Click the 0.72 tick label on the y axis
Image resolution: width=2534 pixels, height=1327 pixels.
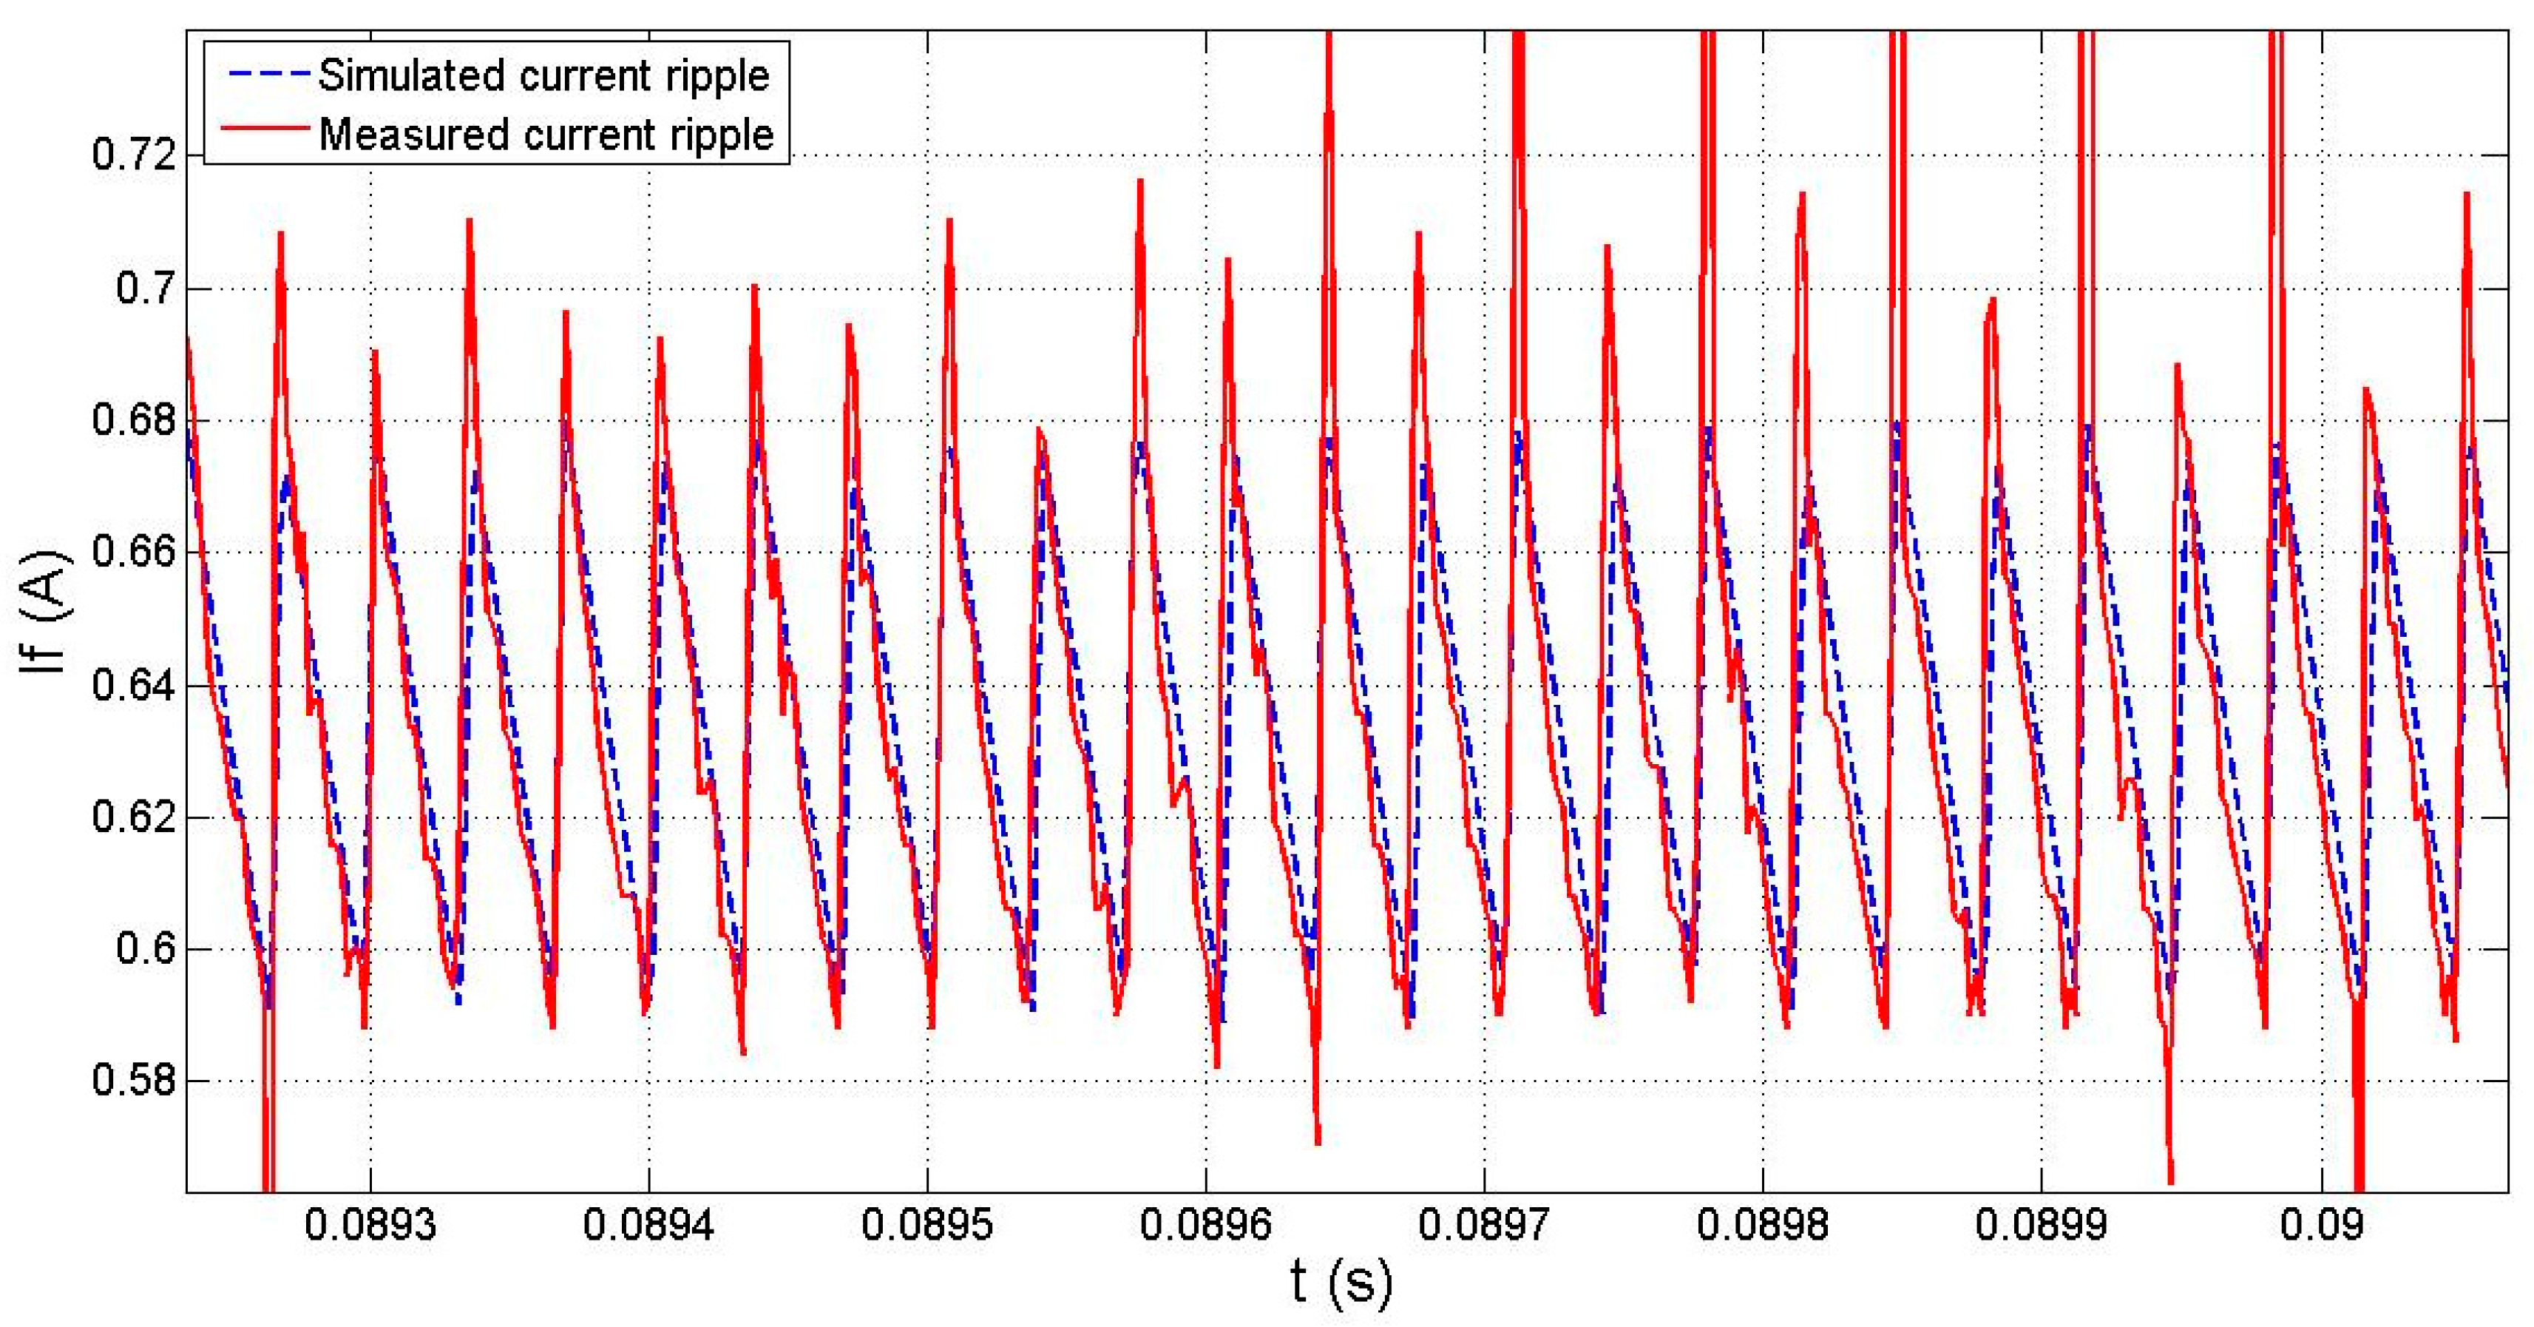tap(134, 155)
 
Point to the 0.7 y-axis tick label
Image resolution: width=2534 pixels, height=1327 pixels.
tap(146, 289)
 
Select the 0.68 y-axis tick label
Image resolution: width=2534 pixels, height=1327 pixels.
tap(134, 421)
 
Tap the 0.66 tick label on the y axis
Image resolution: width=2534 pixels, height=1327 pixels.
tap(134, 553)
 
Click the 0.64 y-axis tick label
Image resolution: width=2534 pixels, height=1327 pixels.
tap(134, 686)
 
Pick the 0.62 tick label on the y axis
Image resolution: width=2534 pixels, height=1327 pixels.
tap(134, 817)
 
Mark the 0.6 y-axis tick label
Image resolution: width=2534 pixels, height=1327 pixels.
tap(146, 949)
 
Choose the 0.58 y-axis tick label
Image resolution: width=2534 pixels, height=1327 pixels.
tap(134, 1081)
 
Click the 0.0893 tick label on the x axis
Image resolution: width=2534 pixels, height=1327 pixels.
tap(370, 1226)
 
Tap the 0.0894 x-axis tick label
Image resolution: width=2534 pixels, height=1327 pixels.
tap(648, 1226)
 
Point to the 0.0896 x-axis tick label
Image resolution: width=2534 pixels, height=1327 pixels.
tap(1205, 1226)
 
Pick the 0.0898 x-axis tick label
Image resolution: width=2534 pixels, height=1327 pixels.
tap(1763, 1226)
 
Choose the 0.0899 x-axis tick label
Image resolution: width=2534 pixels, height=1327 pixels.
tap(2041, 1226)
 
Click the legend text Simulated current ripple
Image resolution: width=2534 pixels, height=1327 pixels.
tap(543, 75)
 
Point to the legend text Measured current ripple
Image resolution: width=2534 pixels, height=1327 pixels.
tap(546, 135)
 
